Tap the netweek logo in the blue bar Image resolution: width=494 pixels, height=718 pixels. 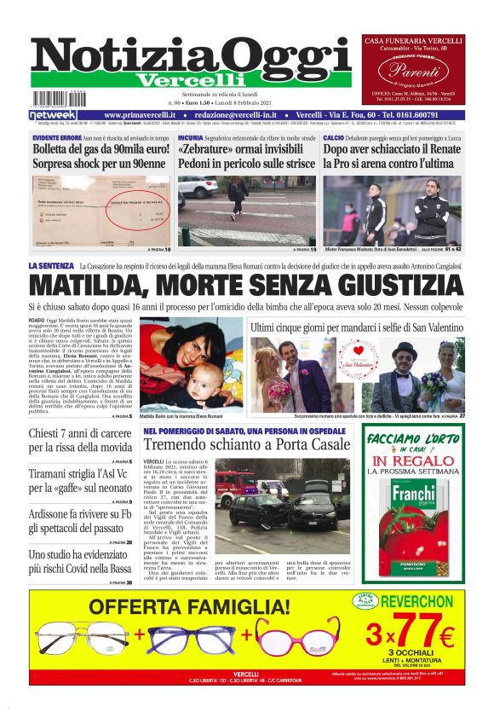pos(54,114)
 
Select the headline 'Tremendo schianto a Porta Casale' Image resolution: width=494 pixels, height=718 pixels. pos(246,444)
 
